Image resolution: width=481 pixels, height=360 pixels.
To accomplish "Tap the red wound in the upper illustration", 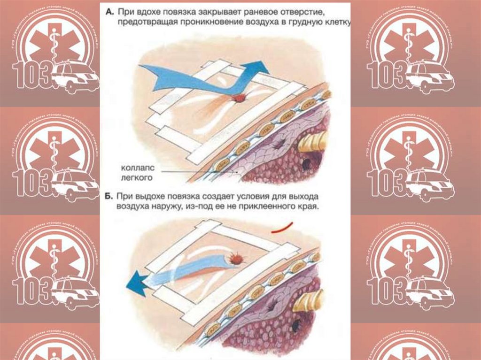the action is click(x=240, y=98).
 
